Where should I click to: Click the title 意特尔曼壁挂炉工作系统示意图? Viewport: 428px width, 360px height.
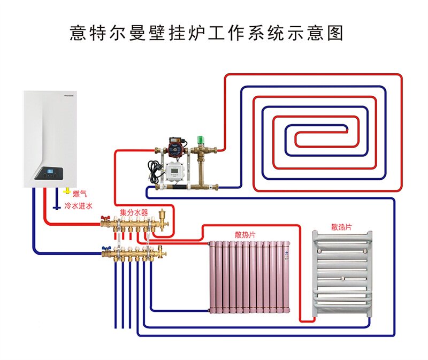[x=207, y=33]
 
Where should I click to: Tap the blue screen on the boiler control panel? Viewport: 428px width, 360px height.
[x=51, y=173]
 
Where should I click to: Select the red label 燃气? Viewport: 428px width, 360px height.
[x=79, y=194]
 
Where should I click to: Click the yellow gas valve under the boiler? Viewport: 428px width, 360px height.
[x=66, y=191]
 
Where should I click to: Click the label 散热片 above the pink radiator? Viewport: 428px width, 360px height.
[x=244, y=234]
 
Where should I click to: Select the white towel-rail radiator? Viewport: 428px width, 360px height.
[x=342, y=275]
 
